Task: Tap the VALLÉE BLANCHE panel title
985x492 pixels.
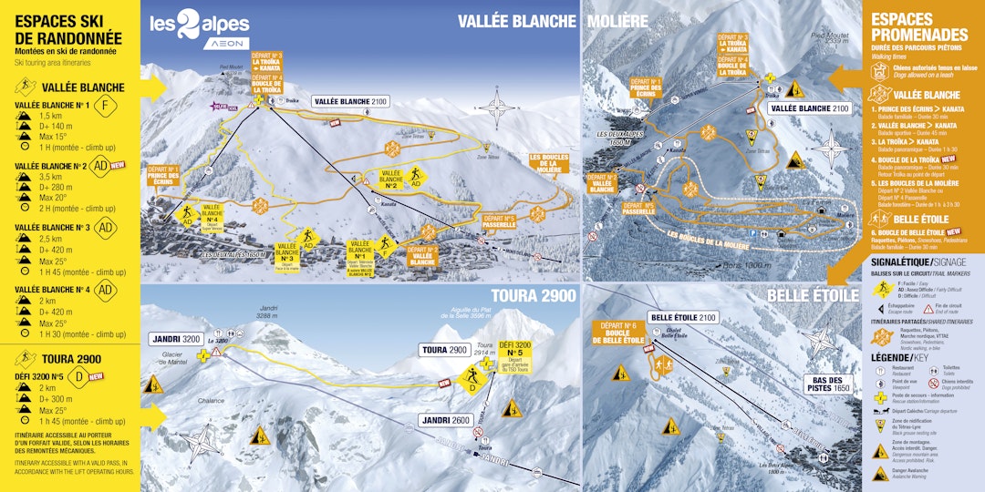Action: (516, 21)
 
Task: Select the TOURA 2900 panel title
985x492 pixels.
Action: (534, 295)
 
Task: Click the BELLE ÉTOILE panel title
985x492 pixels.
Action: (813, 295)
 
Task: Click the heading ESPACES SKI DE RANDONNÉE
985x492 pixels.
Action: (68, 29)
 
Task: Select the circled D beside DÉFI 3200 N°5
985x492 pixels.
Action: (79, 374)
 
